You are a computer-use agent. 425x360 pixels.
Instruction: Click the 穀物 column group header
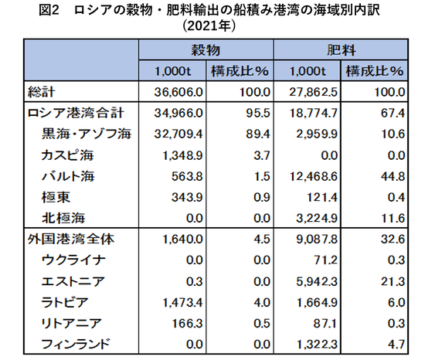pyautogui.click(x=206, y=50)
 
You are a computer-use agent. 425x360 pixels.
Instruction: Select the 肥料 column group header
pyautogui.click(x=341, y=50)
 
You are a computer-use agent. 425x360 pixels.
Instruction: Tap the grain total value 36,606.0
pyautogui.click(x=178, y=92)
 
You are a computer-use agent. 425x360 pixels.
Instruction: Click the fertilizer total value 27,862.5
pyautogui.click(x=313, y=92)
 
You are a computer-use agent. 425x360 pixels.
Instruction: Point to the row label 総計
pyautogui.click(x=41, y=92)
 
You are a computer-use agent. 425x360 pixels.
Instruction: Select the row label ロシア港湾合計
pyautogui.click(x=76, y=113)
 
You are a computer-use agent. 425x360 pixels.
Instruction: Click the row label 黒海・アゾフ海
pyautogui.click(x=87, y=134)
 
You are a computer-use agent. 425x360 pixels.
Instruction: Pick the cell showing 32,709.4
pyautogui.click(x=178, y=134)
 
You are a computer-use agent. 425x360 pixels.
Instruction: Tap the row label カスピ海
pyautogui.click(x=67, y=155)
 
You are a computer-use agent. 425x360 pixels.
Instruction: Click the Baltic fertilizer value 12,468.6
pyautogui.click(x=313, y=177)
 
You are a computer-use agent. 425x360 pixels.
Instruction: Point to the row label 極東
pyautogui.click(x=56, y=197)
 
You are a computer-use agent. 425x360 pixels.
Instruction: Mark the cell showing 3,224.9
pyautogui.click(x=317, y=219)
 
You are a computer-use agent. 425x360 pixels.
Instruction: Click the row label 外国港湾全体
pyautogui.click(x=71, y=239)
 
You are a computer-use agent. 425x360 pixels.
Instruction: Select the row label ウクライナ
pyautogui.click(x=73, y=260)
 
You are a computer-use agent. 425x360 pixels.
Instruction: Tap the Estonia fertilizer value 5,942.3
pyautogui.click(x=317, y=282)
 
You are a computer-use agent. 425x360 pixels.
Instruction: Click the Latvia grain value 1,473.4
pyautogui.click(x=182, y=303)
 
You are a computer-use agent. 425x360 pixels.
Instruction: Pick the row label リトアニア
pyautogui.click(x=72, y=324)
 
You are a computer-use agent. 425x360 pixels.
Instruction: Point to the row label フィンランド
pyautogui.click(x=76, y=345)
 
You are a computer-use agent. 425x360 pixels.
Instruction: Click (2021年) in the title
pyautogui.click(x=209, y=26)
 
